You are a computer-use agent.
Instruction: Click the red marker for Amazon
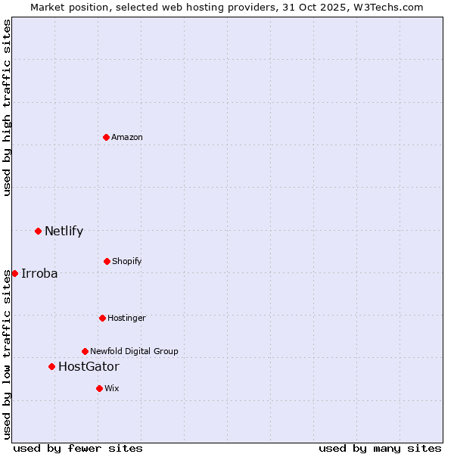click(x=106, y=137)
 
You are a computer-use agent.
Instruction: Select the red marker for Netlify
click(x=38, y=231)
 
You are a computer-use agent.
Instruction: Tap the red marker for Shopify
click(x=107, y=261)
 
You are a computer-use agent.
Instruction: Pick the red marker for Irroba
click(x=14, y=273)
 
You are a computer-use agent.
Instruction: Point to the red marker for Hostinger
click(x=102, y=318)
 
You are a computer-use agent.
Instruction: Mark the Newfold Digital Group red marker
click(x=85, y=351)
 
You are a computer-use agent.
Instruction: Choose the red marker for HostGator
click(x=51, y=366)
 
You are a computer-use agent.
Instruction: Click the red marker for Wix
click(x=99, y=388)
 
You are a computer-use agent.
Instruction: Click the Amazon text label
click(x=127, y=137)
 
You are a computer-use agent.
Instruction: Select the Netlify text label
click(x=64, y=231)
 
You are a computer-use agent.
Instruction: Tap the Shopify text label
click(x=127, y=261)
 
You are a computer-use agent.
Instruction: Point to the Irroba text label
click(x=39, y=273)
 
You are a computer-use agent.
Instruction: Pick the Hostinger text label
click(x=126, y=318)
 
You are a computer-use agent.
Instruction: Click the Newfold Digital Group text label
click(x=134, y=351)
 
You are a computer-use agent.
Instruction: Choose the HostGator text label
click(x=89, y=366)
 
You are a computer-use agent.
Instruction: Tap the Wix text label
click(x=112, y=388)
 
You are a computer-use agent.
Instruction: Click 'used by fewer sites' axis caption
click(x=78, y=448)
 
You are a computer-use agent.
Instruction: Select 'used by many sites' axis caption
click(x=380, y=448)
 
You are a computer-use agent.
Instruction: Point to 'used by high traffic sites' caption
click(x=7, y=107)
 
